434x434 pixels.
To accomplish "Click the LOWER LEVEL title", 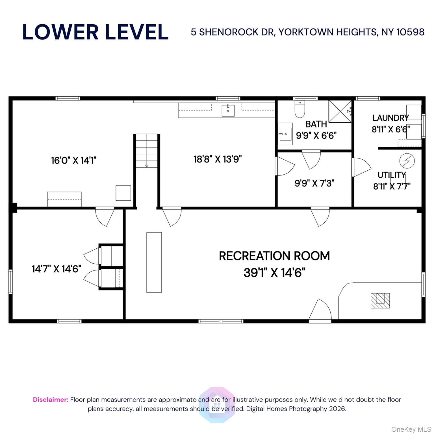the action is pyautogui.click(x=96, y=32).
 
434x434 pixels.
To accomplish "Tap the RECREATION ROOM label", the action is pyautogui.click(x=274, y=256).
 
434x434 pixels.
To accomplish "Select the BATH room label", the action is pyautogui.click(x=316, y=124).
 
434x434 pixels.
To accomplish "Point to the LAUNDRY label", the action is pyautogui.click(x=390, y=118).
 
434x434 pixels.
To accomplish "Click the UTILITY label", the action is pyautogui.click(x=392, y=175).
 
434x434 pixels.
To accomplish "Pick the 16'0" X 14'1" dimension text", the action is pyautogui.click(x=74, y=160).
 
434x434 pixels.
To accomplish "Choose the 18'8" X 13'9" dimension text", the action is pyautogui.click(x=218, y=159).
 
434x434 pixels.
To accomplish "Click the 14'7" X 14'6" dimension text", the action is pyautogui.click(x=57, y=269).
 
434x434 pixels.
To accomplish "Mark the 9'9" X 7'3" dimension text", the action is pyautogui.click(x=314, y=183).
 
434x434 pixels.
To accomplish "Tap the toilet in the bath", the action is pyautogui.click(x=300, y=109).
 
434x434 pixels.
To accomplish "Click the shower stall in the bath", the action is pyautogui.click(x=340, y=111).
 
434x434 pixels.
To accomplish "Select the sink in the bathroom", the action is pyautogui.click(x=285, y=134).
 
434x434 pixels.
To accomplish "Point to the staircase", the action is pyautogui.click(x=147, y=151).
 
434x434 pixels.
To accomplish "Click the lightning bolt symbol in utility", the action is pyautogui.click(x=407, y=161).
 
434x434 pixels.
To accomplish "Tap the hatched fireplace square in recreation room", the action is pyautogui.click(x=380, y=301).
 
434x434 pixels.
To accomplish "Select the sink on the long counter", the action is pyautogui.click(x=228, y=110).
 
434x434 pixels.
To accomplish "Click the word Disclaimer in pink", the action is pyautogui.click(x=51, y=400).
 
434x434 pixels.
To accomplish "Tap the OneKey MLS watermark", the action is pyautogui.click(x=411, y=429).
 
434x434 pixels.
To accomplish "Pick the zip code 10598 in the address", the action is pyautogui.click(x=410, y=32).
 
